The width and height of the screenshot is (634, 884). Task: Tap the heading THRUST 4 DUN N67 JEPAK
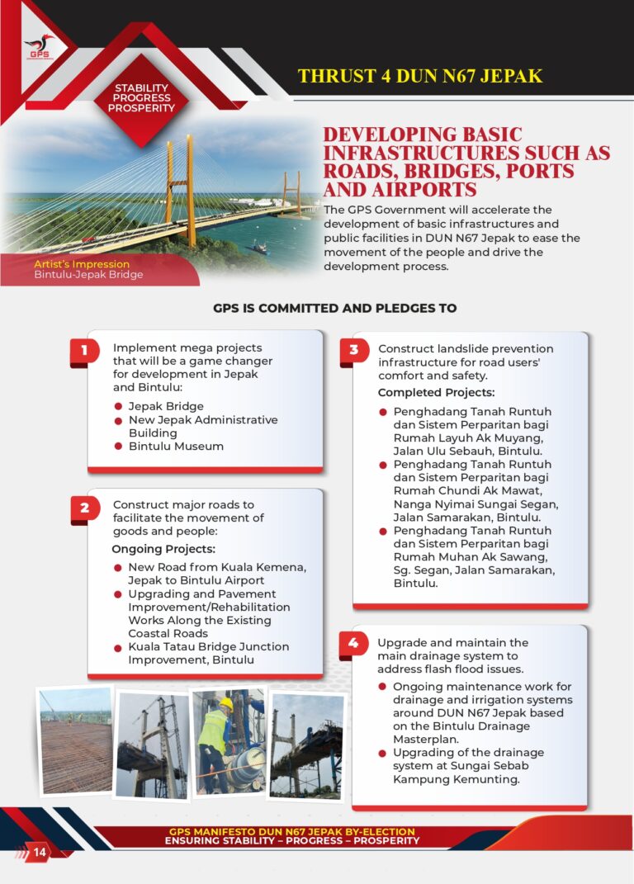(x=420, y=77)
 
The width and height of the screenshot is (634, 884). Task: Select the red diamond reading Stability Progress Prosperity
(x=141, y=98)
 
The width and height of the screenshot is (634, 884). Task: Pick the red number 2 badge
(x=84, y=508)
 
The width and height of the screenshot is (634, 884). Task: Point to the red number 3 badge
(x=353, y=351)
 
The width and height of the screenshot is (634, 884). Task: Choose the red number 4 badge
(x=353, y=645)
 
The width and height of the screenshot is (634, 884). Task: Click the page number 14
(x=40, y=852)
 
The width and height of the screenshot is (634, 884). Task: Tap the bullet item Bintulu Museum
(x=176, y=447)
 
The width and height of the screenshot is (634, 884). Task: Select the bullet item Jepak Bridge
(x=166, y=406)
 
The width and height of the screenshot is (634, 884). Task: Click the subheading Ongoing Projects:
(x=163, y=549)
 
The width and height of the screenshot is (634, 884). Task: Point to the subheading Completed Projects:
(x=436, y=393)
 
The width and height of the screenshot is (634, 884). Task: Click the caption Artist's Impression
(x=82, y=264)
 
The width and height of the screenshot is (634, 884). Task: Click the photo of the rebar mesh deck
(x=76, y=741)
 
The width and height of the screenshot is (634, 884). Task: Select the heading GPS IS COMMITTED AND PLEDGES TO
(x=334, y=308)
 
